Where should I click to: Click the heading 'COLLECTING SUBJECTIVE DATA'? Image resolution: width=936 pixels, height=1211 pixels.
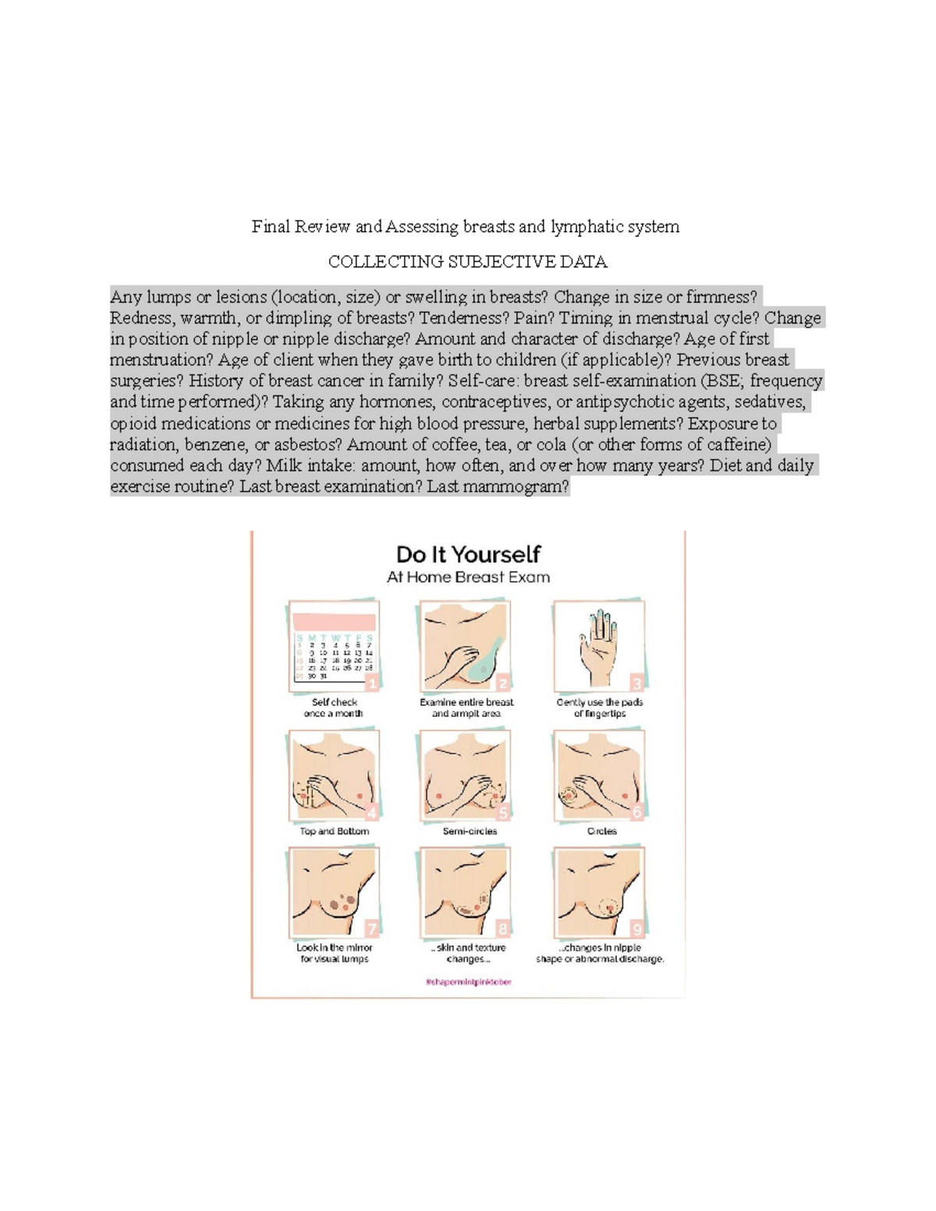coord(467,262)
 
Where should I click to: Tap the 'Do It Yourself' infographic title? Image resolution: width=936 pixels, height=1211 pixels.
coord(468,554)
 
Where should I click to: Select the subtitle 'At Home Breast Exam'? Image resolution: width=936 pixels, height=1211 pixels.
coord(468,578)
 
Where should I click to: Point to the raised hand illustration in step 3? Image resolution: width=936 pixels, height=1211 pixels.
coord(598,644)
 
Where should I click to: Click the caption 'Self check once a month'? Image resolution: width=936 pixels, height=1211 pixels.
coord(334,708)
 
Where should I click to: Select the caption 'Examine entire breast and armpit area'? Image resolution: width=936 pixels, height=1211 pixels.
coord(466,708)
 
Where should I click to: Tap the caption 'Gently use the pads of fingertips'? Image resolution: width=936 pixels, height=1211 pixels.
coord(599,708)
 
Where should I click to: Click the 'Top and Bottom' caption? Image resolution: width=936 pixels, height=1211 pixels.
coord(334,831)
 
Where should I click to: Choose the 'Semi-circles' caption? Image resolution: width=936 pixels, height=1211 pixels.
coord(470,831)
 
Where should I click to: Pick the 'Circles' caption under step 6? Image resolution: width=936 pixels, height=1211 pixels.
coord(601,831)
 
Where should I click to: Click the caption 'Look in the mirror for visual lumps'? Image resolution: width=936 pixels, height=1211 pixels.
coord(334,954)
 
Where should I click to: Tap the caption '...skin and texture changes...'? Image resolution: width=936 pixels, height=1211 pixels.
coord(468,954)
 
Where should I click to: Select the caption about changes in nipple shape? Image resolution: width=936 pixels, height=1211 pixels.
coord(600,954)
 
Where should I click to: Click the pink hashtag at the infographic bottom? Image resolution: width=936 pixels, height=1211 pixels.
coord(468,983)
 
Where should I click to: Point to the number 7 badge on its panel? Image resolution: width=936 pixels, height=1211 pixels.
coord(371,929)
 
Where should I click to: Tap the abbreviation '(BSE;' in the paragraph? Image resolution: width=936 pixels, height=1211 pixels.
coord(723,381)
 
